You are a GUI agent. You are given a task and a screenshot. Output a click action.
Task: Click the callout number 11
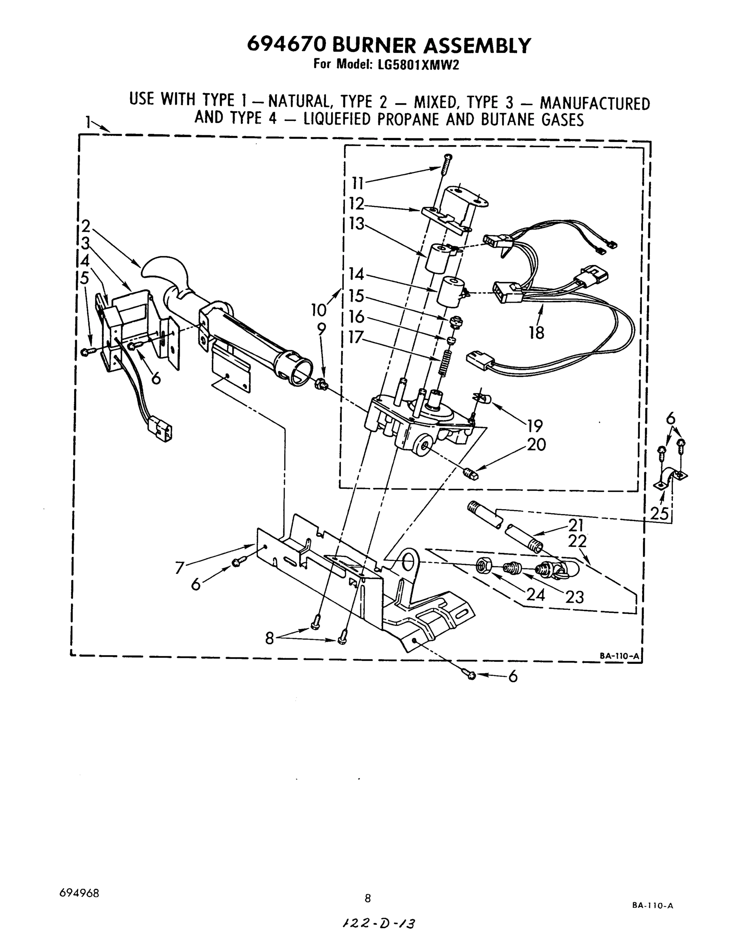coord(358,184)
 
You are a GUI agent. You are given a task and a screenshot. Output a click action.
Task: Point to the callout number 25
coord(659,513)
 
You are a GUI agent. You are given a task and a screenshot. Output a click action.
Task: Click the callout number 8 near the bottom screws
coord(270,639)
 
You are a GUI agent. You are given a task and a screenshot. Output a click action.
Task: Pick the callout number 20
coord(536,445)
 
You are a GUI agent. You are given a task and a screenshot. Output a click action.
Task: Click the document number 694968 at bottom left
coord(79,893)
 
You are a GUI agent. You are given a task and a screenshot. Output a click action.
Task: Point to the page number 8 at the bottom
coord(368,898)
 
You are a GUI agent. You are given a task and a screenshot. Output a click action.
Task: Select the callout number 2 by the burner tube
coord(86,226)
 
